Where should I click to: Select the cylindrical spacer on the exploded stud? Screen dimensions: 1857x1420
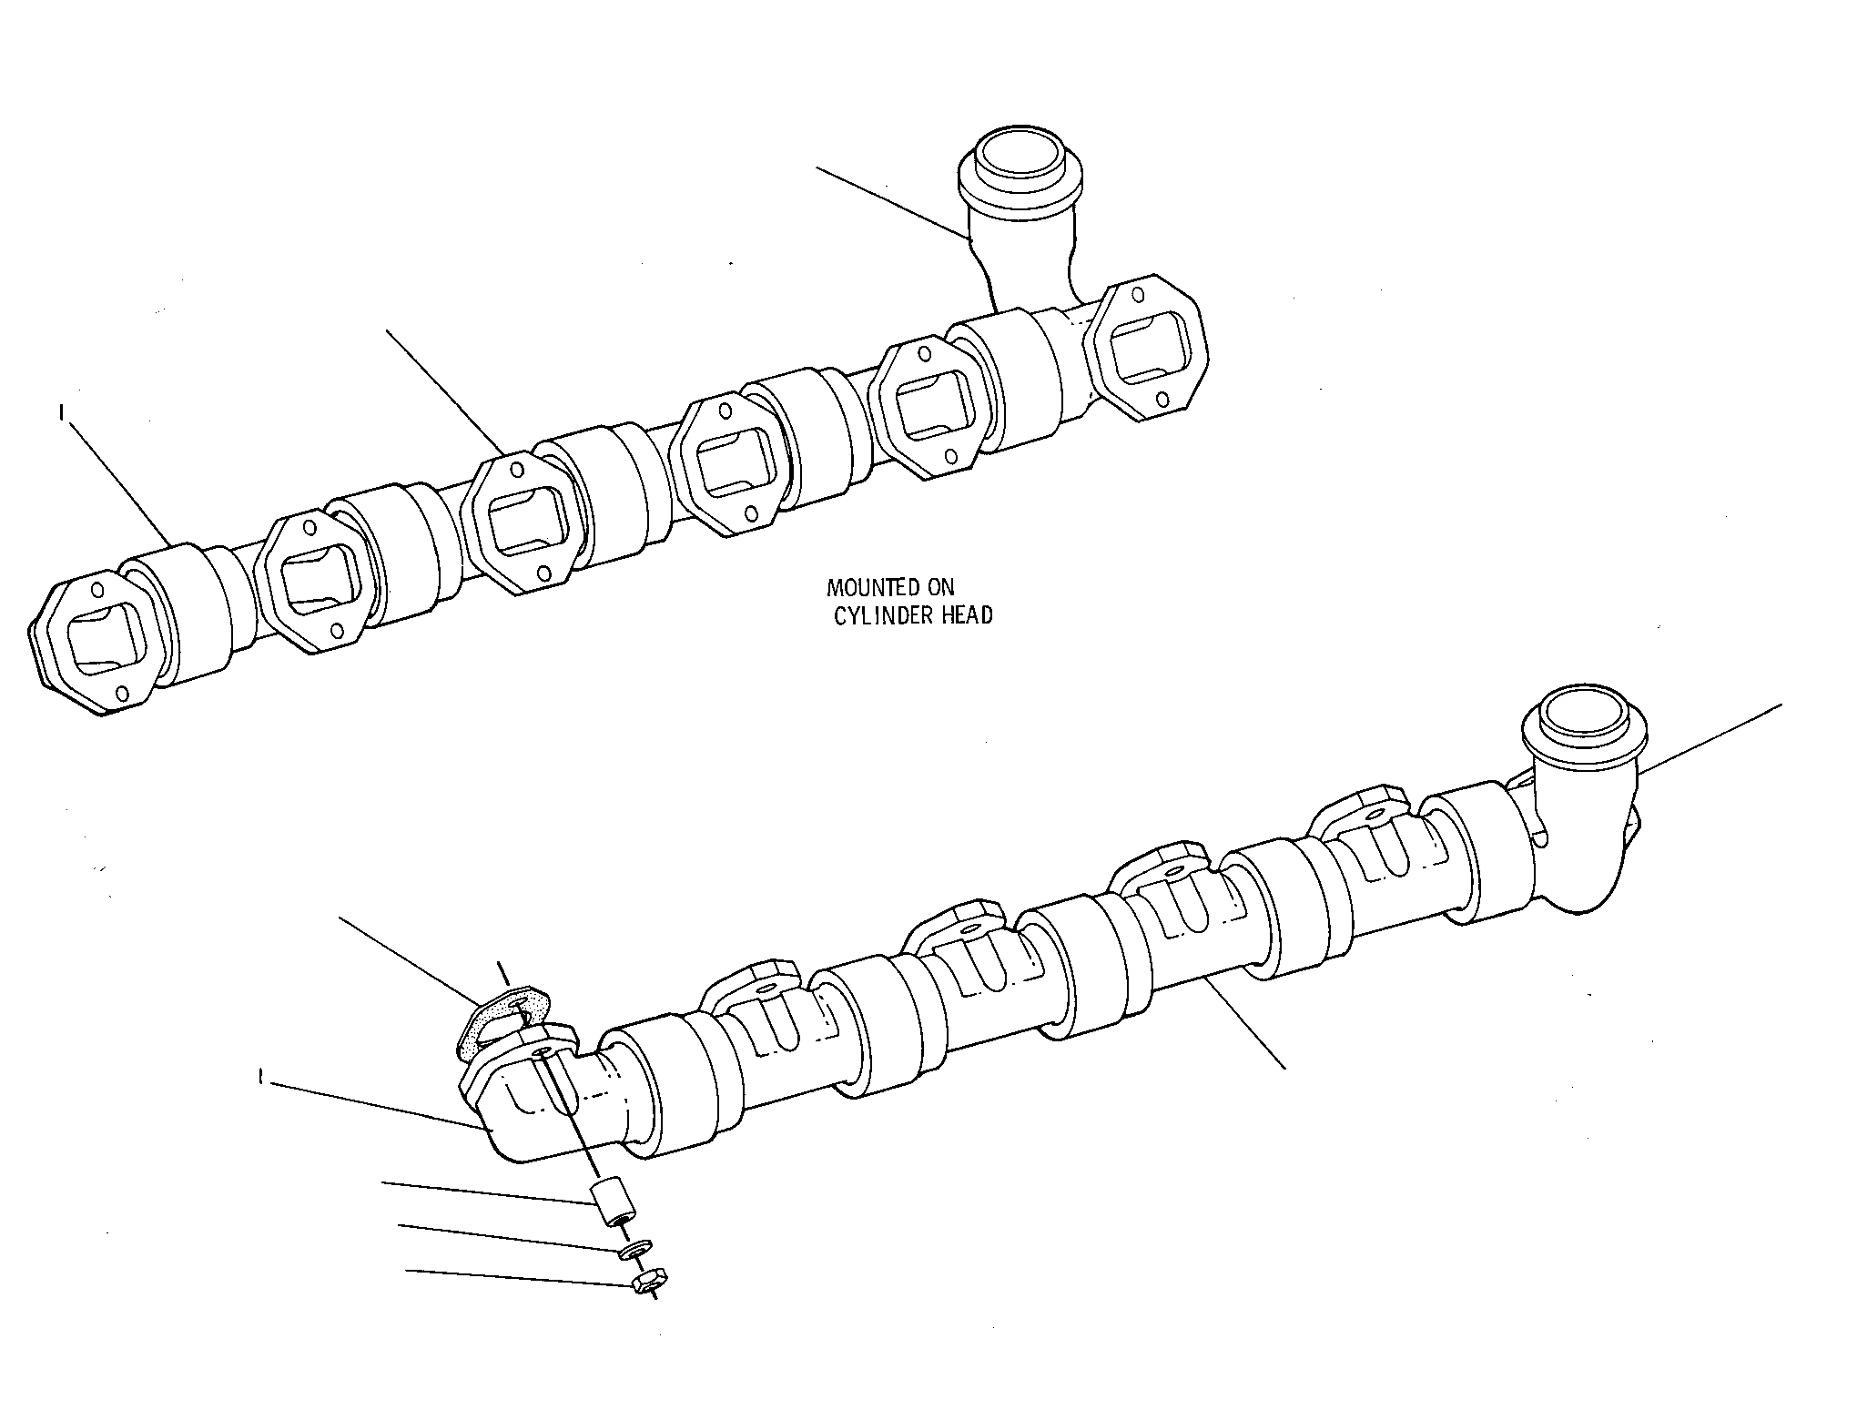click(x=614, y=1202)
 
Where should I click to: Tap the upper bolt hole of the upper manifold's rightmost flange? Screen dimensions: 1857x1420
click(x=1139, y=294)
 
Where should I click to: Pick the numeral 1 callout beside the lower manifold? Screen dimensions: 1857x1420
click(x=260, y=1078)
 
